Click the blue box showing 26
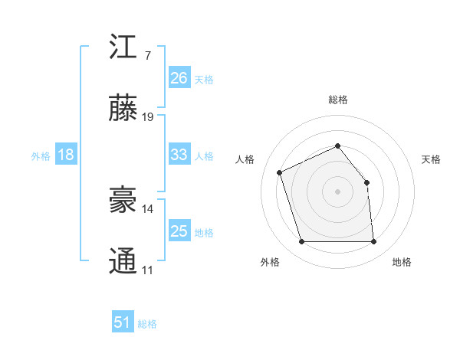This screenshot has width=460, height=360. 179,77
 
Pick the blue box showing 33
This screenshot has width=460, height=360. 179,155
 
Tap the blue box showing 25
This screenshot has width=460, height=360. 179,231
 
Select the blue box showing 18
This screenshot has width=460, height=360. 66,155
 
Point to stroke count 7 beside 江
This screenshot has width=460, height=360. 147,56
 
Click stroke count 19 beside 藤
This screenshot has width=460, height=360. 148,117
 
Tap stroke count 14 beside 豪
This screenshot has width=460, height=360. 148,208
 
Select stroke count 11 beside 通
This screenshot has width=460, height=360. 147,270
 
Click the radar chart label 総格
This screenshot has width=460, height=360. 338,100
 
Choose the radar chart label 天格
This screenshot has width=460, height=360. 432,159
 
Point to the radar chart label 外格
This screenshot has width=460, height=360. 270,263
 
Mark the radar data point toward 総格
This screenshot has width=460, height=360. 338,146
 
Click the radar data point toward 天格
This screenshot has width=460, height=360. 366,182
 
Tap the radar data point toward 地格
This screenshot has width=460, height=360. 373,242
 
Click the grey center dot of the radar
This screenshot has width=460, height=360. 338,191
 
